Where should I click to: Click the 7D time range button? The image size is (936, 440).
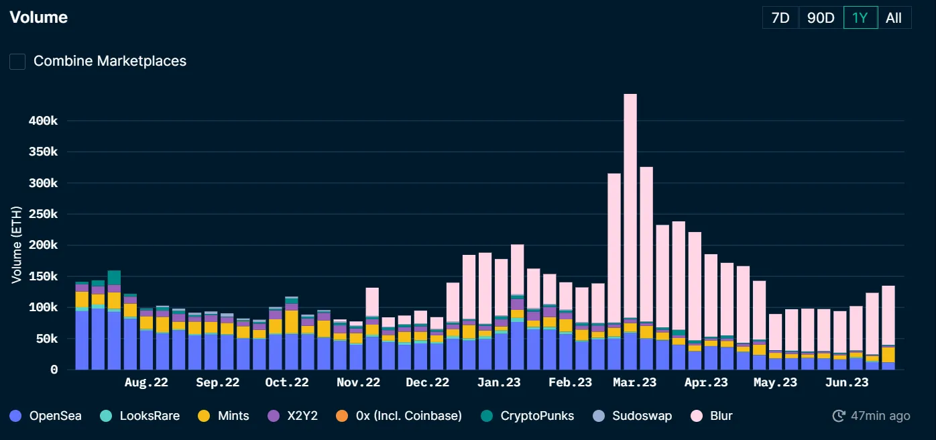click(x=780, y=18)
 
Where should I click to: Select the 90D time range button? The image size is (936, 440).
click(x=821, y=18)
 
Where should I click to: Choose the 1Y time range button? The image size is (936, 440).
click(x=860, y=18)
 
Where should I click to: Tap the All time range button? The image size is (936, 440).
click(x=894, y=18)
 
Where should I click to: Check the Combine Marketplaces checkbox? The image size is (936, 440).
click(x=17, y=62)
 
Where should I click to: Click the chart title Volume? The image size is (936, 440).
click(x=39, y=17)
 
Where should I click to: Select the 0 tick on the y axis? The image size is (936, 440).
click(x=54, y=370)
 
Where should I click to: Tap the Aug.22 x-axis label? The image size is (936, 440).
click(x=146, y=383)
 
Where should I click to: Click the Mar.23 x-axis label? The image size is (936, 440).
click(x=634, y=383)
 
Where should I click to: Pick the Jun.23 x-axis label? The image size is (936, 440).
click(x=846, y=383)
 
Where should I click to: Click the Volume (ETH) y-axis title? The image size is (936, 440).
click(x=16, y=245)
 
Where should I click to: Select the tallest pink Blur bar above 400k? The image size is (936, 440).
click(x=630, y=201)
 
